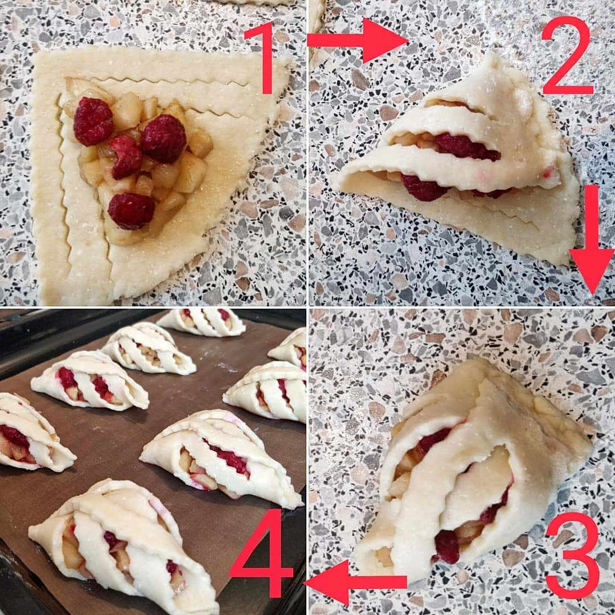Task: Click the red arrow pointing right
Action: pyautogui.click(x=358, y=40)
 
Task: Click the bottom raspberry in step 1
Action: pyautogui.click(x=132, y=211)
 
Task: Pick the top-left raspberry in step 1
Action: pyautogui.click(x=93, y=121)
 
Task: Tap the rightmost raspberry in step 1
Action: pyautogui.click(x=164, y=138)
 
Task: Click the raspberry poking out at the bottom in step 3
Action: pyautogui.click(x=447, y=546)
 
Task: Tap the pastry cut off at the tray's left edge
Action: pyautogui.click(x=34, y=433)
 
